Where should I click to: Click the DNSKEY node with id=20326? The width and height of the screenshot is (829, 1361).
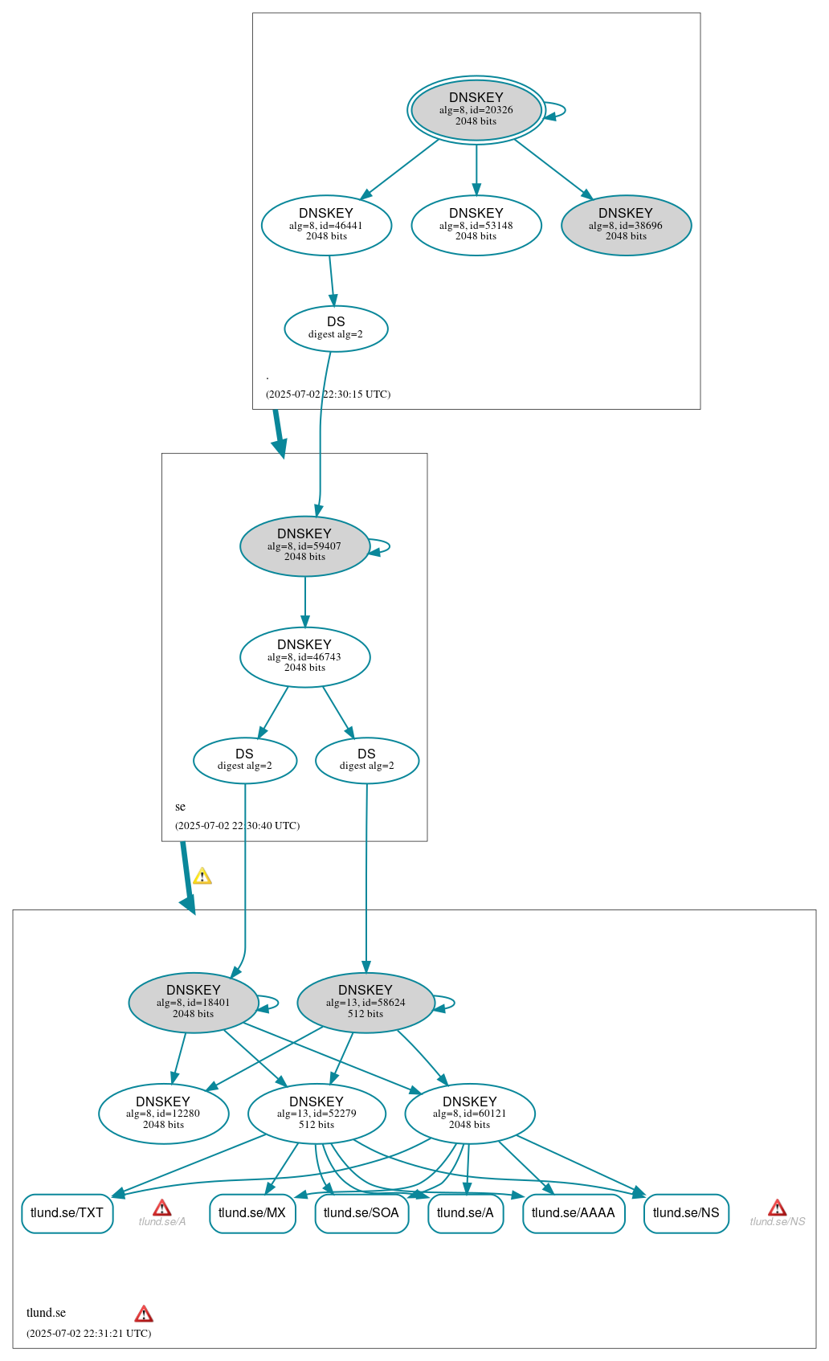click(x=476, y=110)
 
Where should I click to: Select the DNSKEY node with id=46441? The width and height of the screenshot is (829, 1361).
click(x=326, y=225)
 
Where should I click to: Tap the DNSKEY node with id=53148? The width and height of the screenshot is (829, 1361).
click(x=476, y=225)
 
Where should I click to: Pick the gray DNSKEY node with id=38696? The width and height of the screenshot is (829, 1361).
click(x=626, y=225)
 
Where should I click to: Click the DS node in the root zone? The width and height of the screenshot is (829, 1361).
click(x=336, y=328)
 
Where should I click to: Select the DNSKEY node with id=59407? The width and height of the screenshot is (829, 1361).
click(x=304, y=546)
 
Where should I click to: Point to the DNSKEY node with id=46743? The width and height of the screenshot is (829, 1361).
click(x=304, y=656)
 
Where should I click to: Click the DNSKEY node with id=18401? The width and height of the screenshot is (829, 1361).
click(x=193, y=1002)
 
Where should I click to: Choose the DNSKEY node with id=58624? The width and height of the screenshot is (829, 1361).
click(x=365, y=1002)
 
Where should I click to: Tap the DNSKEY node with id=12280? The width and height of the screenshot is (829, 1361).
click(x=163, y=1114)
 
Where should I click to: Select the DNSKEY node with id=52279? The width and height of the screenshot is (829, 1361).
click(x=316, y=1114)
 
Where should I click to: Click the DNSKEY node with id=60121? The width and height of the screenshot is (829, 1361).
click(x=470, y=1114)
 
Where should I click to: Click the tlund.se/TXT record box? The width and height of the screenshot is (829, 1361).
click(x=67, y=1213)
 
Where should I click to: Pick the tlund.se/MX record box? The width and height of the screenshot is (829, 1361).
click(x=252, y=1213)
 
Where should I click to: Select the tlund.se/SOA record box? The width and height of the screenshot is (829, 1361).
click(x=361, y=1213)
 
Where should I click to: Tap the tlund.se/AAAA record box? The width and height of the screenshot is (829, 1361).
click(x=573, y=1213)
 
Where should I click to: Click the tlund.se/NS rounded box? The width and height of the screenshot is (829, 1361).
click(x=686, y=1213)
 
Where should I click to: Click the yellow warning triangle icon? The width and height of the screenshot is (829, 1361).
click(x=202, y=876)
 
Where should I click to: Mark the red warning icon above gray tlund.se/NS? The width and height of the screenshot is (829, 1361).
click(x=777, y=1208)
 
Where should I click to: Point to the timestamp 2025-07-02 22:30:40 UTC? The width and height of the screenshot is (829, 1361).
click(x=237, y=825)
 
